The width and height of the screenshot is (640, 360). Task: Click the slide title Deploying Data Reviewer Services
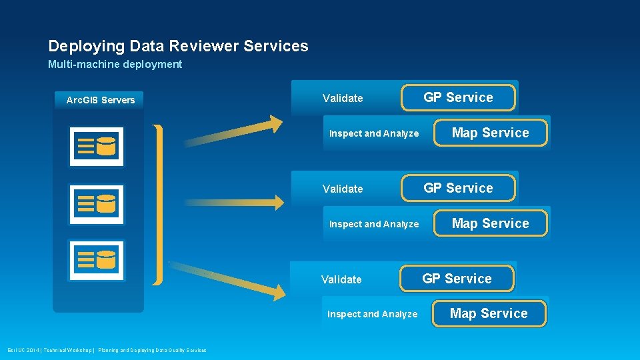(178, 46)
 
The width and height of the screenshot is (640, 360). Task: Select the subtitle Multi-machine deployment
(115, 65)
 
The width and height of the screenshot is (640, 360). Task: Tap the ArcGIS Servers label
(100, 100)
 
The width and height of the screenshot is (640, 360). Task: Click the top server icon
(97, 146)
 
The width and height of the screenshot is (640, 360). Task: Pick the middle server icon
(97, 203)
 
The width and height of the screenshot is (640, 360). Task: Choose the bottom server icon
(97, 260)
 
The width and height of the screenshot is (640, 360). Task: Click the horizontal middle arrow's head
(275, 201)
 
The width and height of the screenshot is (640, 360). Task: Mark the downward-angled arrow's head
(275, 289)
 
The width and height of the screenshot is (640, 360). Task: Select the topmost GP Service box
(458, 97)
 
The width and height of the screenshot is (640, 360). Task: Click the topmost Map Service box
(490, 133)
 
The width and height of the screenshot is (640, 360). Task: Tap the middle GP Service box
(458, 188)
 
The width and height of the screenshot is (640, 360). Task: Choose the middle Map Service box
(490, 223)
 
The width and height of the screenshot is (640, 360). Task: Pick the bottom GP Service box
(457, 279)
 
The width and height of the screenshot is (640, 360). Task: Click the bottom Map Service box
(489, 313)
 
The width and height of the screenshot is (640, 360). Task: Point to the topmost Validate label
(343, 99)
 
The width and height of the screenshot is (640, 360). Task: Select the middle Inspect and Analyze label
(374, 224)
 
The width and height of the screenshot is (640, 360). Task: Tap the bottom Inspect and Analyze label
(372, 314)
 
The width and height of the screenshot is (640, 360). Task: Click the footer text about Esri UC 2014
(107, 350)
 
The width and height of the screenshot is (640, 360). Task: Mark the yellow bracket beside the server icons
(157, 204)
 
